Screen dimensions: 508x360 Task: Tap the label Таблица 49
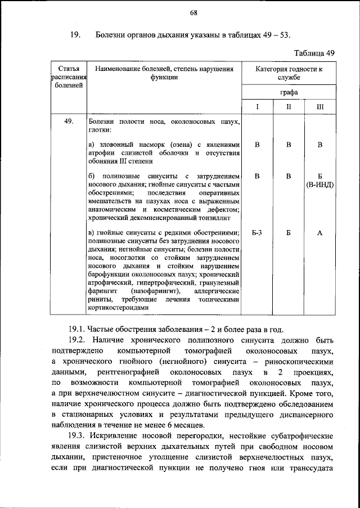315,53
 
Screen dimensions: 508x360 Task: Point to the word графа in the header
288,91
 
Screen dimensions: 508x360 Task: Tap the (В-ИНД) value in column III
319,185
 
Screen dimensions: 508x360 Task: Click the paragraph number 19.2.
77,342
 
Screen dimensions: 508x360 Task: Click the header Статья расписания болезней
69,77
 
